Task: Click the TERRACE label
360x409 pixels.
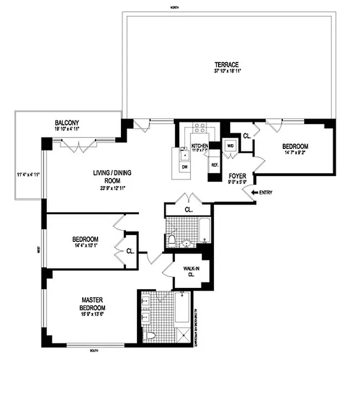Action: point(226,64)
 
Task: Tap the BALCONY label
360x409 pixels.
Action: point(67,123)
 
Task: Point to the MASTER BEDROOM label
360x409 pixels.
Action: point(92,304)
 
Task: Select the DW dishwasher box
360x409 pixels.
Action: point(183,167)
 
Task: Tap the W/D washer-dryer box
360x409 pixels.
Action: point(230,145)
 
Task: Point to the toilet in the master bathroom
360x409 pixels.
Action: point(150,335)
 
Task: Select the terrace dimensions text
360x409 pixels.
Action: point(227,71)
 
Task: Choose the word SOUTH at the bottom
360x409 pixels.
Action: point(93,350)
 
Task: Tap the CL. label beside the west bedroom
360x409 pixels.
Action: point(130,251)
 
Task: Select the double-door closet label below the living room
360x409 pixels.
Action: point(188,210)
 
